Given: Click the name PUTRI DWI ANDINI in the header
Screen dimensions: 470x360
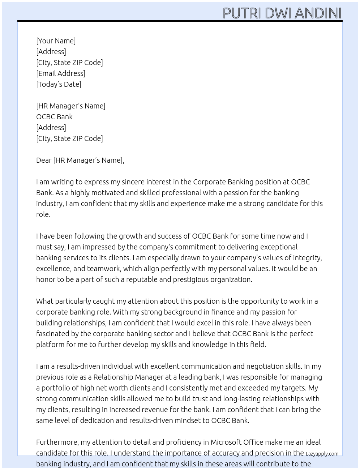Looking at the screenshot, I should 282,13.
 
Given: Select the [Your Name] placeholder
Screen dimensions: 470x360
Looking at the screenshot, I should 56,41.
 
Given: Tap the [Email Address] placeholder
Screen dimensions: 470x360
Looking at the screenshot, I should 61,73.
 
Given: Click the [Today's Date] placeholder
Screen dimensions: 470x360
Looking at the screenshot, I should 59,84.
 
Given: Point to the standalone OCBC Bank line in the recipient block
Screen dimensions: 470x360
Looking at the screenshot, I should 54,117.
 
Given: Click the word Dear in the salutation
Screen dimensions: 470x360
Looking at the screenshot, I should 44,160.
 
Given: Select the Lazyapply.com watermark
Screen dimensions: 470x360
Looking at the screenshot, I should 322,454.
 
